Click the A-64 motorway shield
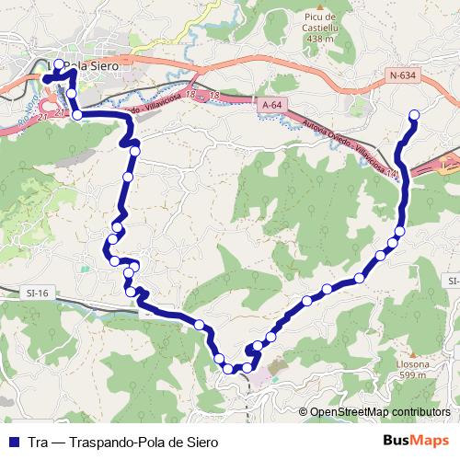click(x=271, y=106)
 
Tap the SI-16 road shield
click(x=37, y=293)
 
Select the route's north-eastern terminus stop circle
click(x=413, y=115)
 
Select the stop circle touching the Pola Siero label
click(x=60, y=64)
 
